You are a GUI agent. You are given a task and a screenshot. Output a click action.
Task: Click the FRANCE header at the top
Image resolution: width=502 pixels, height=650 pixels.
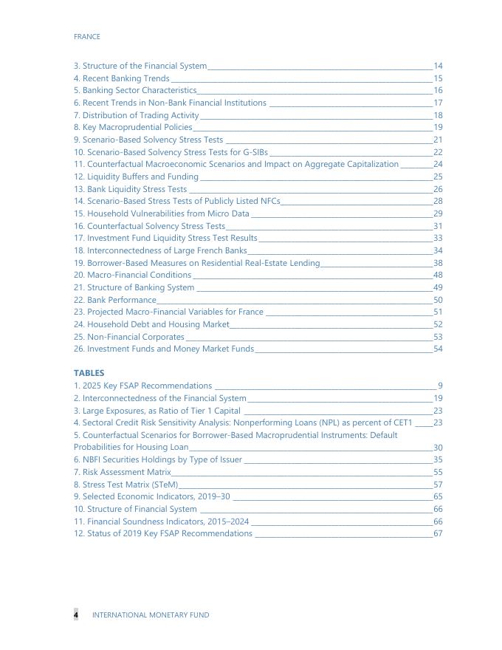(87, 36)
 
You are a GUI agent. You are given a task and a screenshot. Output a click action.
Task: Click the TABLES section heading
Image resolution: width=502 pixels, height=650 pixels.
(89, 373)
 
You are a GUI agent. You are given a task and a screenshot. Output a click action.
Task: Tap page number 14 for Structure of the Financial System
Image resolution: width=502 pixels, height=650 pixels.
(438, 66)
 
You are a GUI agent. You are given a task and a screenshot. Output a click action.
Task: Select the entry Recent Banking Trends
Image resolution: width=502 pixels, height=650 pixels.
(122, 78)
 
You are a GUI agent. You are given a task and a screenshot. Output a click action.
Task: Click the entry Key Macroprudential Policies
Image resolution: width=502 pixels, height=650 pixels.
(133, 127)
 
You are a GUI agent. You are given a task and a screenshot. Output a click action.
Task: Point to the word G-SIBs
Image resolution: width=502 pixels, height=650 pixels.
(253, 152)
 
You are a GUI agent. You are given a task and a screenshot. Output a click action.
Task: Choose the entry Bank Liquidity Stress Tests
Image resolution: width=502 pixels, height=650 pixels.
(131, 189)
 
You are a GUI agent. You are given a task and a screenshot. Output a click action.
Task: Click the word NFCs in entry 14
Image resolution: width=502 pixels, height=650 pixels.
(270, 201)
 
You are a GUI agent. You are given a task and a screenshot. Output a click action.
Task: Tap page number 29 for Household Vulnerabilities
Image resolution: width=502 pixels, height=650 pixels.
(438, 213)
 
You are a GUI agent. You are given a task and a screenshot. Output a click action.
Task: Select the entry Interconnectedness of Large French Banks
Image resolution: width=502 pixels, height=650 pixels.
(160, 250)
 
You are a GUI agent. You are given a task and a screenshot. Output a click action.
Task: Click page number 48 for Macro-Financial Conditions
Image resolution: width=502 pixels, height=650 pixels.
(438, 275)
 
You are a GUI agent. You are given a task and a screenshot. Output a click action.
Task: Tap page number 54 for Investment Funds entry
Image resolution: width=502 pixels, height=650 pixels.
(438, 349)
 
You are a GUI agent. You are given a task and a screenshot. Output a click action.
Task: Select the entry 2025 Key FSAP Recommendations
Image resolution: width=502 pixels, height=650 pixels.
(142, 386)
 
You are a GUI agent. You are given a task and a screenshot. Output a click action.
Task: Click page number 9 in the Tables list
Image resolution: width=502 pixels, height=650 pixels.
(440, 386)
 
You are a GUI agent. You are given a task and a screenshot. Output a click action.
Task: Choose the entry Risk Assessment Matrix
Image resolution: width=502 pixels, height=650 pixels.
(123, 472)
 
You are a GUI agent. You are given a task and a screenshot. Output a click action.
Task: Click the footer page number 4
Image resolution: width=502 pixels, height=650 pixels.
(75, 615)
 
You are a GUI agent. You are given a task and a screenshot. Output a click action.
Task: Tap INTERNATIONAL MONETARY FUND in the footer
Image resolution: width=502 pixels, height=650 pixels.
(151, 615)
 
